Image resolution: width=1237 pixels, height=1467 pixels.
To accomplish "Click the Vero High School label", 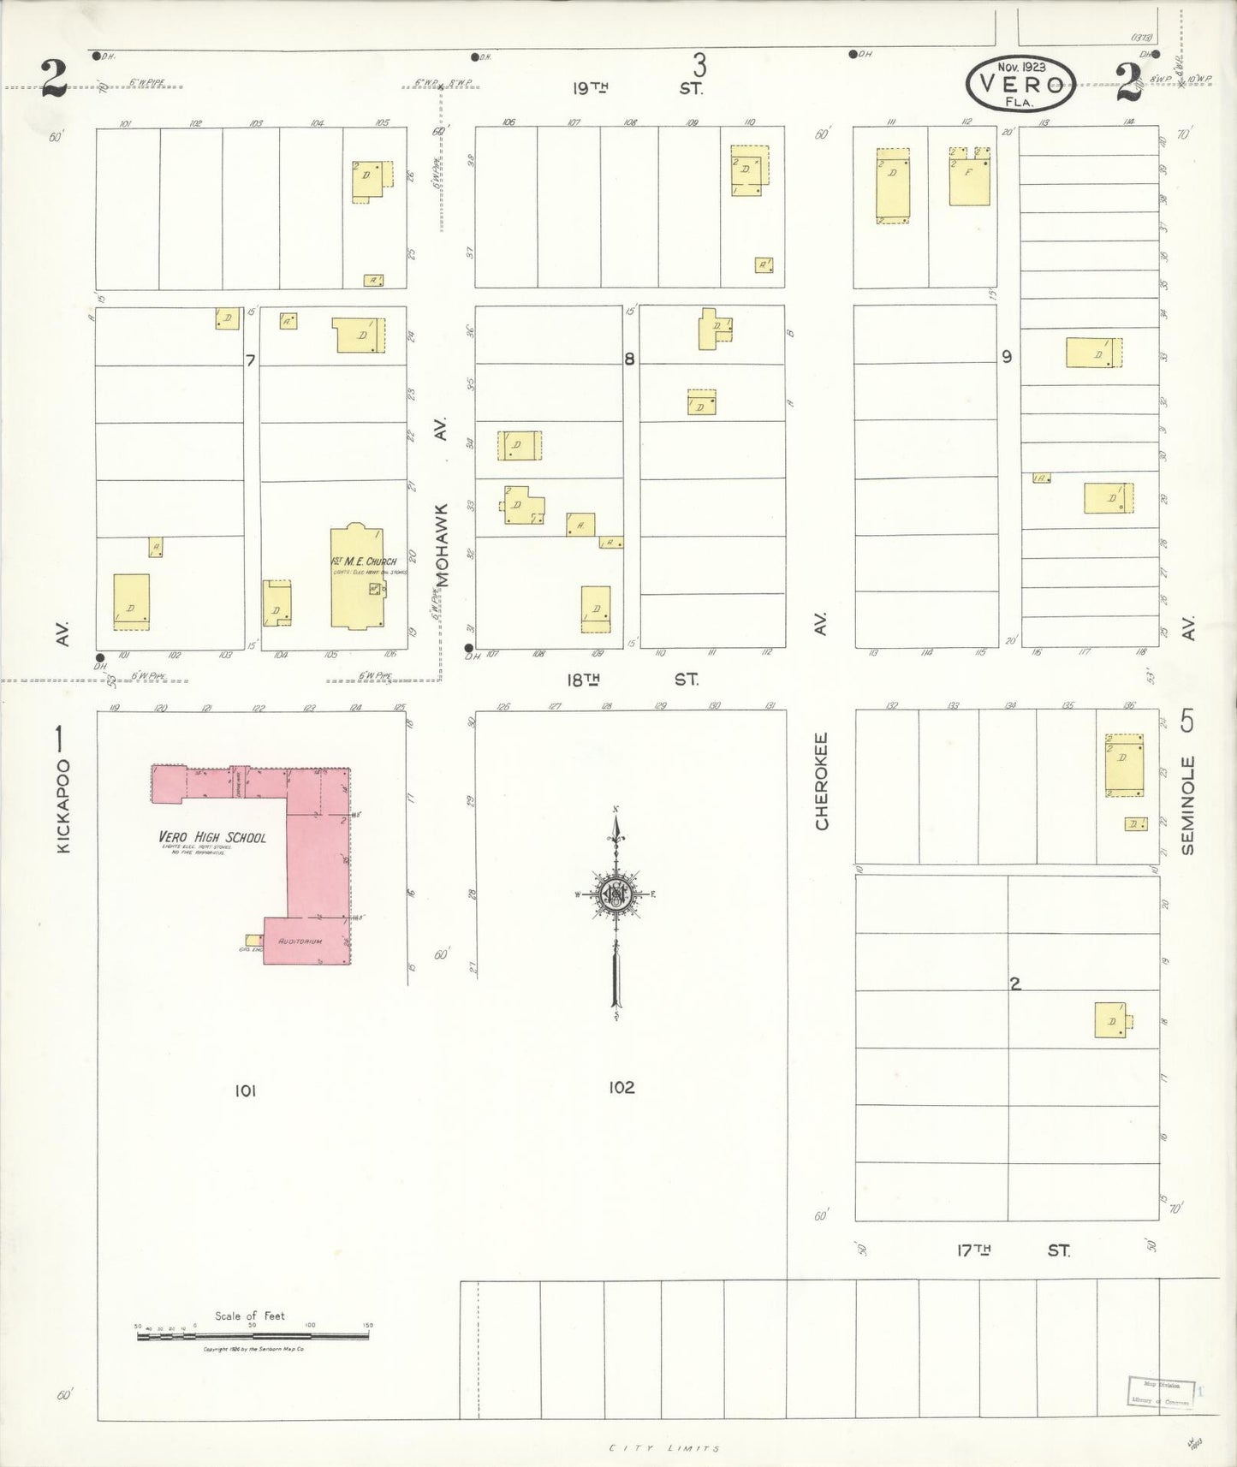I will tap(212, 837).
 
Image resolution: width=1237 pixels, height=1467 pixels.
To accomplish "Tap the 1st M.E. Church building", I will tap(357, 578).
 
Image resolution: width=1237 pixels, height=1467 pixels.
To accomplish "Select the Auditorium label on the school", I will tap(300, 941).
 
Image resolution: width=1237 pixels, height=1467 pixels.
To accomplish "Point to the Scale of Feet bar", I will tap(253, 1334).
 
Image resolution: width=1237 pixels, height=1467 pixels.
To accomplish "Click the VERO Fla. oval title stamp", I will tap(1020, 84).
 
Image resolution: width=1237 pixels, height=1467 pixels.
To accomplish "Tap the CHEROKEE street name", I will tap(822, 780).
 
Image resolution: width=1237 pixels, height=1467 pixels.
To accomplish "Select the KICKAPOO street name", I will tap(63, 806).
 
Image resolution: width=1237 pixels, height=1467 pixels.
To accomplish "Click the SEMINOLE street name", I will tap(1187, 805).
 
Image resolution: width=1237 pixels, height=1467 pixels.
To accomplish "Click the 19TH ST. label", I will tap(638, 87).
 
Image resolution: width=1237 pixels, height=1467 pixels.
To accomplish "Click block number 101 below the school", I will tap(245, 1090).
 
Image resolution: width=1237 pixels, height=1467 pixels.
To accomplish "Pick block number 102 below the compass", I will tap(621, 1087).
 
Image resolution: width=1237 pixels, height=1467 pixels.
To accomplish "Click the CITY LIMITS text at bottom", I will tap(664, 1448).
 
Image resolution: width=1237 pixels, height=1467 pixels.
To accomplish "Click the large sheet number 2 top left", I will tap(54, 79).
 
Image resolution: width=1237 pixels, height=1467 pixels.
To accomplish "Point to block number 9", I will tap(1007, 356).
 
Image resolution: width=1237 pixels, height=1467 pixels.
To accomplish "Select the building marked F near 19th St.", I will tap(969, 176).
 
